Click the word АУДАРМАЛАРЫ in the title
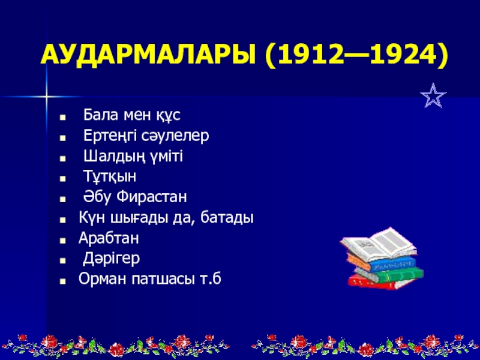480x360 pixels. (148, 55)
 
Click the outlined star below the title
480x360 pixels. (433, 95)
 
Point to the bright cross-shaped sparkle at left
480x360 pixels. (46, 97)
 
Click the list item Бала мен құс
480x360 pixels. (132, 115)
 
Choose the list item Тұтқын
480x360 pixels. (110, 176)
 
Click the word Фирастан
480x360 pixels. (152, 197)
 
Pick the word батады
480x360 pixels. (227, 217)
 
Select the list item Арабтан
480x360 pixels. (109, 238)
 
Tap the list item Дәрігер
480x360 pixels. (112, 259)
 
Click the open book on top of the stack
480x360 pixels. (378, 244)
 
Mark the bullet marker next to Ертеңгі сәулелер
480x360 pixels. (63, 138)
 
